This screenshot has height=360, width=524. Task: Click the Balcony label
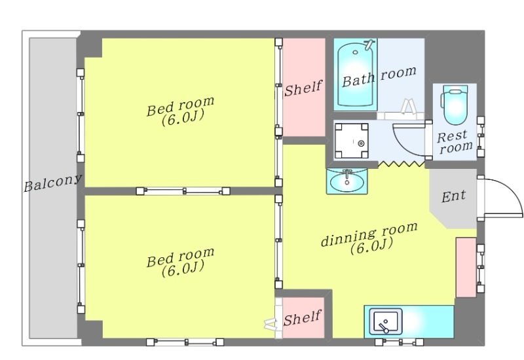pyautogui.click(x=52, y=183)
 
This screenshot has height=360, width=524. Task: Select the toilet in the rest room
pyautogui.click(x=455, y=104)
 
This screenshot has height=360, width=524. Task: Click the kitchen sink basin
pyautogui.click(x=386, y=321)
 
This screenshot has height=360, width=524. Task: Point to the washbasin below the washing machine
pyautogui.click(x=347, y=181)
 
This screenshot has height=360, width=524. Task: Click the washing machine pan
pyautogui.click(x=352, y=141)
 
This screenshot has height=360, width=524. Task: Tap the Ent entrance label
pyautogui.click(x=453, y=196)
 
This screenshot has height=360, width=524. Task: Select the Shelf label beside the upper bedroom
pyautogui.click(x=303, y=88)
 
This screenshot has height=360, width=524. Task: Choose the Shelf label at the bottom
pyautogui.click(x=303, y=317)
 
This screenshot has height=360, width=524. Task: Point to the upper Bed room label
pyautogui.click(x=181, y=111)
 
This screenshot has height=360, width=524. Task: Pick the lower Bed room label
pyautogui.click(x=181, y=262)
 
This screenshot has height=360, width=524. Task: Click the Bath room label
pyautogui.click(x=379, y=77)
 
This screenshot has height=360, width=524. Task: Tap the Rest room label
pyautogui.click(x=455, y=142)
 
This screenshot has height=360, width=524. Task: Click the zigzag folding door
pyautogui.click(x=402, y=164)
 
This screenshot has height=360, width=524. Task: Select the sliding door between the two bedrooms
pyautogui.click(x=183, y=191)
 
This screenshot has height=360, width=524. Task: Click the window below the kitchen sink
pyautogui.click(x=399, y=342)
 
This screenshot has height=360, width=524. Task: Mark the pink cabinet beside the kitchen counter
pyautogui.click(x=466, y=267)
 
